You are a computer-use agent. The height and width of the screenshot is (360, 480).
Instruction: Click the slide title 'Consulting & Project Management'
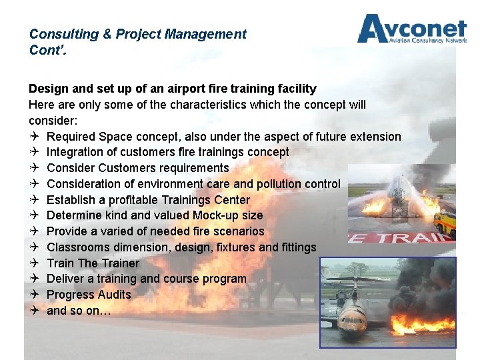point(138,34)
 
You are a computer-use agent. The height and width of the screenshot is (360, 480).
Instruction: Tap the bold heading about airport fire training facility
point(173,89)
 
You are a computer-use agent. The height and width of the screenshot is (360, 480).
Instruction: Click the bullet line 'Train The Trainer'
point(93,263)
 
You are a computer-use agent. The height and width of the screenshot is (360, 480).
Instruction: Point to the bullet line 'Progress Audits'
point(89,295)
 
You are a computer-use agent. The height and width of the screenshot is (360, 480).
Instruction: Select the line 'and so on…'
point(79,311)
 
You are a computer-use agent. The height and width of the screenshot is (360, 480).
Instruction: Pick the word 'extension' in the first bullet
point(373,137)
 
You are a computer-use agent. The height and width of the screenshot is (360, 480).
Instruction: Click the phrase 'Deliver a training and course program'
point(147,279)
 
